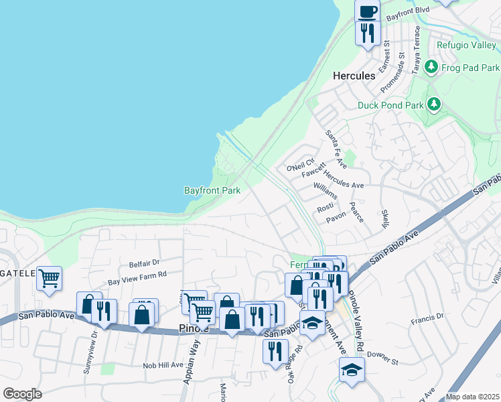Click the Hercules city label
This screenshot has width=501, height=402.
tap(354, 76)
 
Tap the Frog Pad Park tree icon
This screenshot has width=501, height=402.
tap(431, 68)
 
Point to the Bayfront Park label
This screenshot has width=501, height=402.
tap(212, 190)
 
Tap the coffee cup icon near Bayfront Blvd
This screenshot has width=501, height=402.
tap(367, 11)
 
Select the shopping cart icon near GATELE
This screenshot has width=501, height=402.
tap(49, 277)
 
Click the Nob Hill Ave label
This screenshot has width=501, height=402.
tap(163, 365)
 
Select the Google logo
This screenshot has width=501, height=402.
tap(22, 394)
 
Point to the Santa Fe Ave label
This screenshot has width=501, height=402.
tap(336, 149)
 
